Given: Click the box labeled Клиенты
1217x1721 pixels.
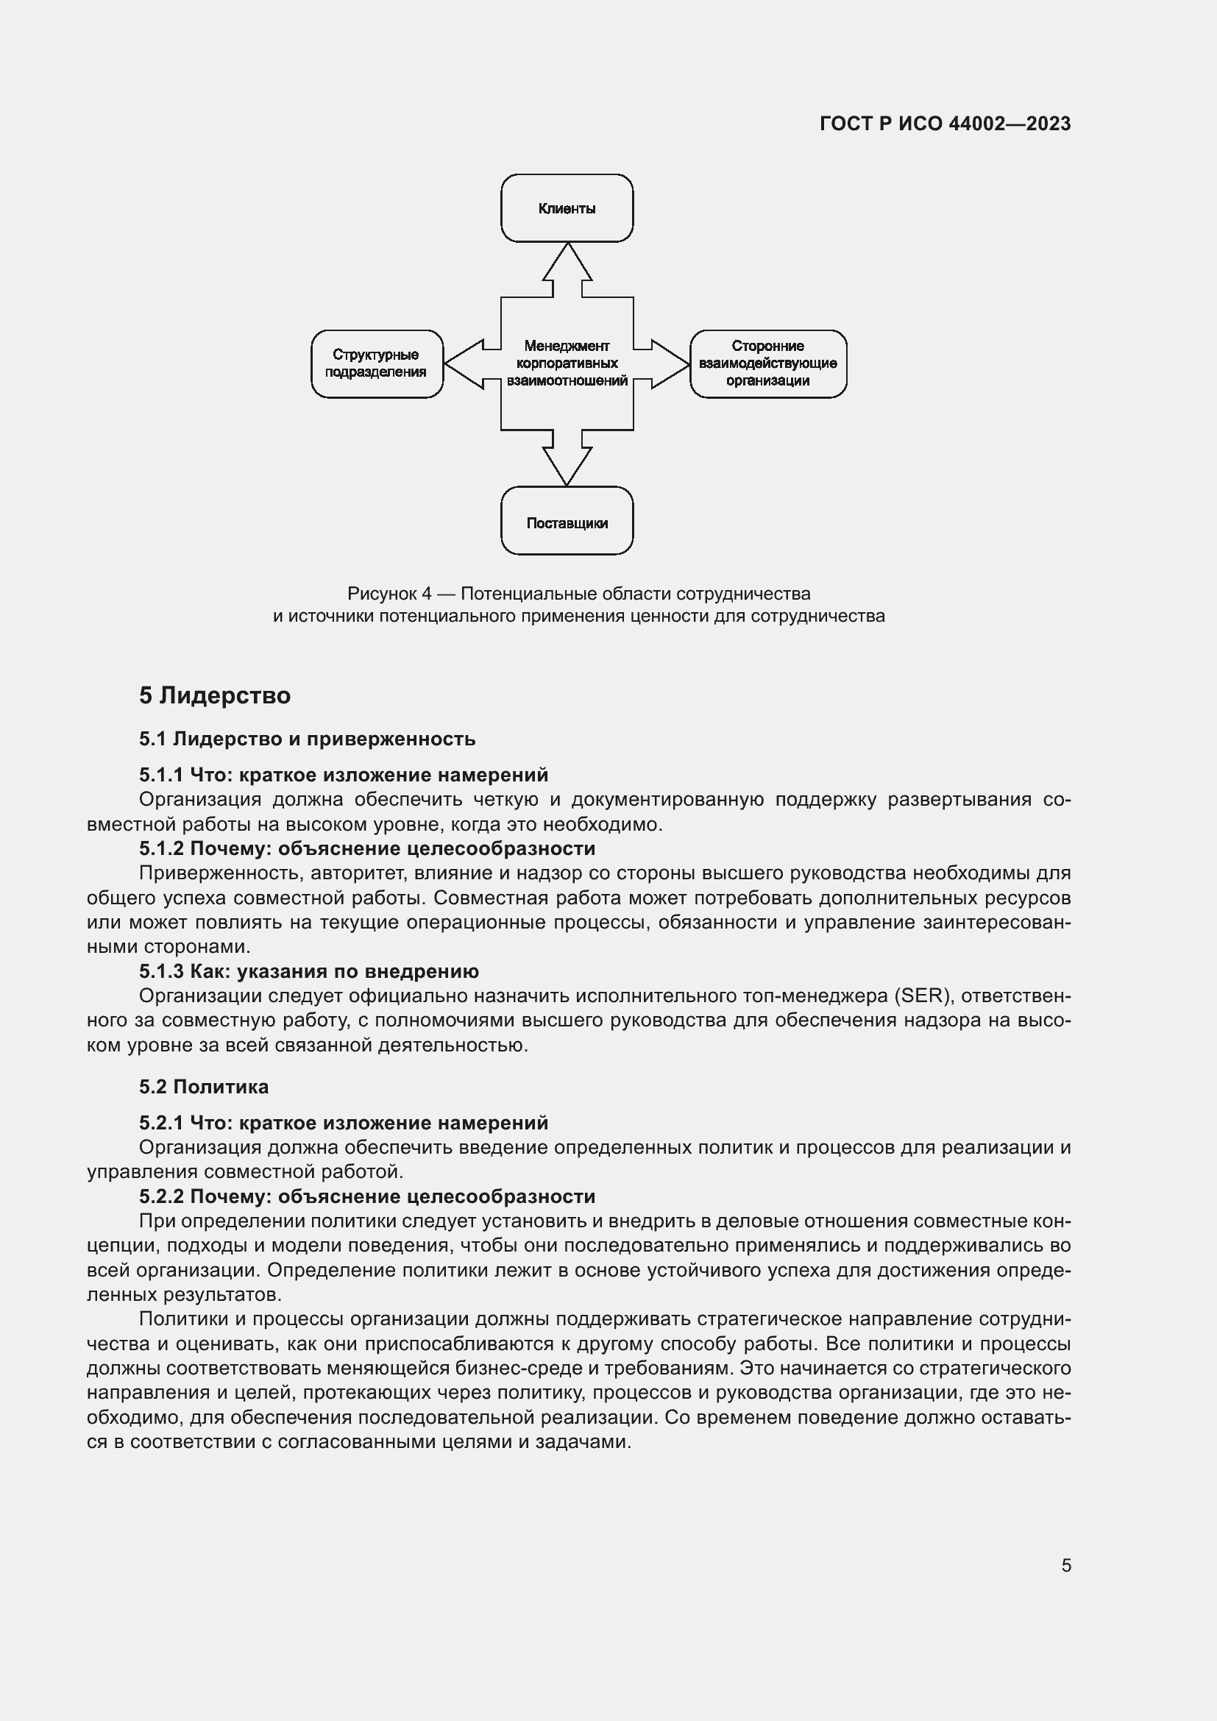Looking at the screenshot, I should click(567, 208).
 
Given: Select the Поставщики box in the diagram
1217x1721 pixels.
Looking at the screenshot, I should click(567, 522).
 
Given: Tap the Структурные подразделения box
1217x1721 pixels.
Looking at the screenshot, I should click(376, 363).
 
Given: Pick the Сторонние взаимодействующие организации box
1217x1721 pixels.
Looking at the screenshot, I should click(767, 363).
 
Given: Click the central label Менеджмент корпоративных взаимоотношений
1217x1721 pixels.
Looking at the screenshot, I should click(567, 363).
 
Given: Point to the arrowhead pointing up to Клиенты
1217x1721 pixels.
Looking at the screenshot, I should click(567, 263).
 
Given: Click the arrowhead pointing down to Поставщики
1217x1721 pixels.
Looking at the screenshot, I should click(567, 465).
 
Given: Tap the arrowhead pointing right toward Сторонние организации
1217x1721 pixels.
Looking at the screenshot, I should click(668, 364).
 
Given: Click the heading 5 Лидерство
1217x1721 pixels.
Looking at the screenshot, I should click(214, 695).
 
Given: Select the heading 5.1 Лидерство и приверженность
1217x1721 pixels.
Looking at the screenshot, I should click(307, 739).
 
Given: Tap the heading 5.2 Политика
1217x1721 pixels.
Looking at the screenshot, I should click(203, 1087).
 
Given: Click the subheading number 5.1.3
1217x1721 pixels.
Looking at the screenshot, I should click(160, 971).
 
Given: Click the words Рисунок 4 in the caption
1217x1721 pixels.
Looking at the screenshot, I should click(389, 594).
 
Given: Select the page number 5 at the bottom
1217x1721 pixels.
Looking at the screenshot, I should click(1065, 1566).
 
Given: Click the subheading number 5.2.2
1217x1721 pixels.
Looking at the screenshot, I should click(160, 1196).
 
